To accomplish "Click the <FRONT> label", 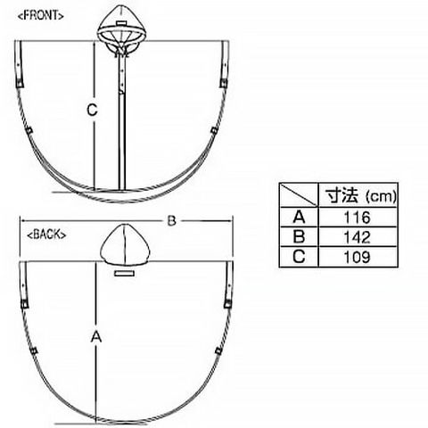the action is tap(41, 15).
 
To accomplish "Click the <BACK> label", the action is tap(46, 235).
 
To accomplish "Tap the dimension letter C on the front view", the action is tap(92, 110).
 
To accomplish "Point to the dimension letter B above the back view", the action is tap(172, 221).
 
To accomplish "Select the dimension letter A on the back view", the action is tap(96, 337).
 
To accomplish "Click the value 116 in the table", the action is tap(357, 218).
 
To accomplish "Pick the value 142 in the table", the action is tap(357, 237).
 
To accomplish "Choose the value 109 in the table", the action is tap(357, 257).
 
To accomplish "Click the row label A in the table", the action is tap(299, 217).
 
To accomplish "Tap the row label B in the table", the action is tap(299, 237).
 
